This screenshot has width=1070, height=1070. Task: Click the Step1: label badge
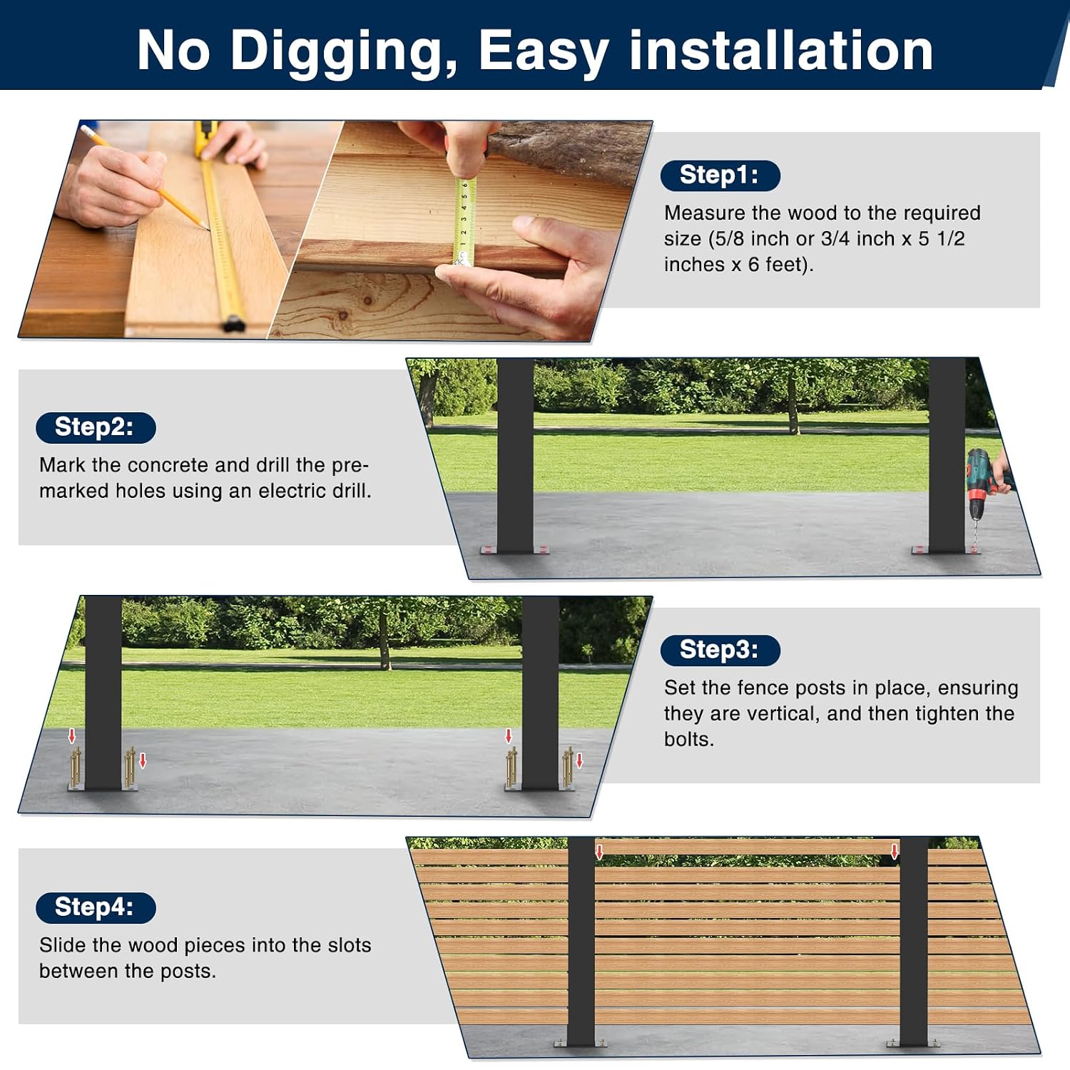click(720, 175)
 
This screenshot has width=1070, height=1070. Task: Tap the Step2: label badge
click(96, 427)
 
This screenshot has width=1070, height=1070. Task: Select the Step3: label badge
click(720, 650)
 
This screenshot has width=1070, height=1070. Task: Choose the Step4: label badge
click(96, 907)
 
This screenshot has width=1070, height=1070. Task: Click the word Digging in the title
click(344, 52)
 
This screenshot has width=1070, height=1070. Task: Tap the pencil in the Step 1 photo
click(146, 178)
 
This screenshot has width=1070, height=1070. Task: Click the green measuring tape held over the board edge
click(463, 222)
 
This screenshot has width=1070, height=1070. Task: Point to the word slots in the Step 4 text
click(350, 945)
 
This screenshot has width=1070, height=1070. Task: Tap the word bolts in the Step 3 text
click(689, 740)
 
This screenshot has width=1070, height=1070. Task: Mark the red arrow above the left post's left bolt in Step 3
click(71, 736)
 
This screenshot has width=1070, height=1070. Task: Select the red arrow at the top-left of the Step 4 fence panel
click(599, 851)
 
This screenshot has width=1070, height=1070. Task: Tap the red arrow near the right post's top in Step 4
click(895, 851)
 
